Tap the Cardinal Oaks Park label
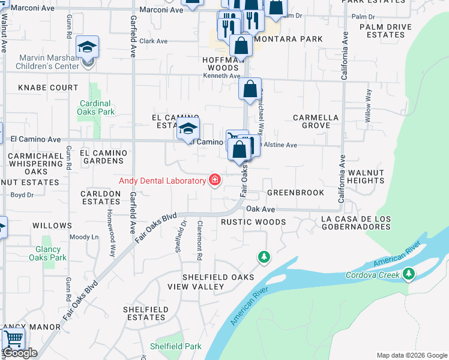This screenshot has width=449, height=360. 96,107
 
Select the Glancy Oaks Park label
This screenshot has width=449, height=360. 47,253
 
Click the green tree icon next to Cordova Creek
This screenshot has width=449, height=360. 409,274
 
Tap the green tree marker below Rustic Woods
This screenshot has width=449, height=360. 263,257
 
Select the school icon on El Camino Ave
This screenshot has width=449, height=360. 188,128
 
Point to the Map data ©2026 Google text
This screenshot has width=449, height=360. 411,355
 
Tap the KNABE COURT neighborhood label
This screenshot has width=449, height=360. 48,88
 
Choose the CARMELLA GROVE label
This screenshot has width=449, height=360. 316,121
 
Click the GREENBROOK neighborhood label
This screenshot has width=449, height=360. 295,193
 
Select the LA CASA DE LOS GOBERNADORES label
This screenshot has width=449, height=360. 356,223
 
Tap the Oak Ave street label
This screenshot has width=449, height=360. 261,209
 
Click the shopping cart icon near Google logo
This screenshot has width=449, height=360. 13,339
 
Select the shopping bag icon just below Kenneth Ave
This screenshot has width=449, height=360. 250,89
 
